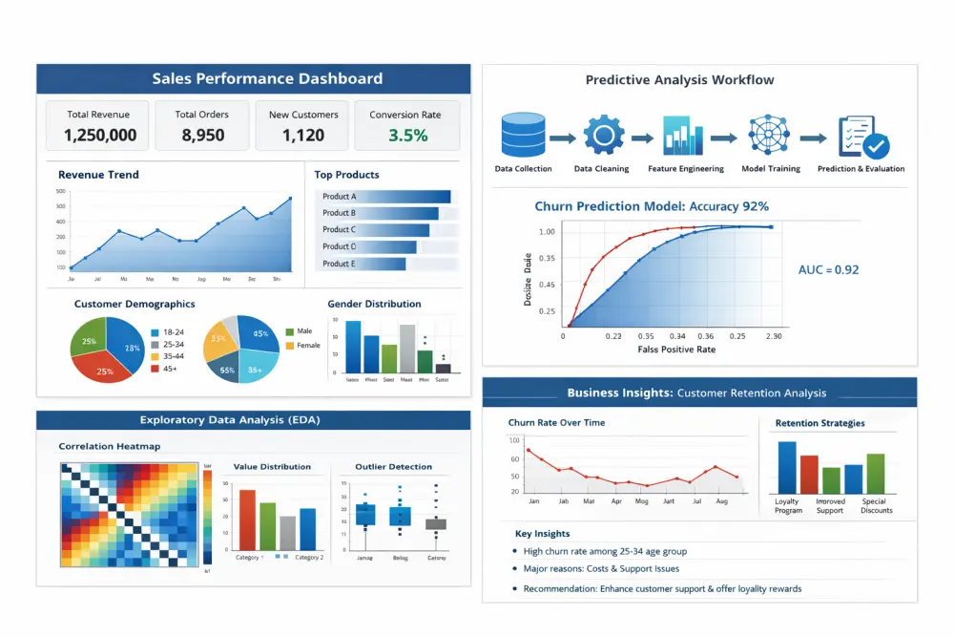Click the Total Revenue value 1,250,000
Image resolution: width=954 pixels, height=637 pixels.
[x=100, y=136]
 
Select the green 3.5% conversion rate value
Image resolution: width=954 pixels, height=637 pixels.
[x=407, y=136]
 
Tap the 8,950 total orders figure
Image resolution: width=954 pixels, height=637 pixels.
[x=202, y=136]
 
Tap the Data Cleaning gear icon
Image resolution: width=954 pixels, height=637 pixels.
[x=602, y=137]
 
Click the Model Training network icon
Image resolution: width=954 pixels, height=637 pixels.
[x=769, y=137]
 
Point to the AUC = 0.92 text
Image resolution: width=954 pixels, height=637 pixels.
[x=828, y=270]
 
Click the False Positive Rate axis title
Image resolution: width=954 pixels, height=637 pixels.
[x=676, y=350]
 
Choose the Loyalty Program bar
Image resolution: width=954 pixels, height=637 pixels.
[x=787, y=467]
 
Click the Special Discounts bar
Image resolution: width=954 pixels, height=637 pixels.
[x=876, y=474]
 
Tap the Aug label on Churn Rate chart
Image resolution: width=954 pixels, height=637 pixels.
[x=721, y=501]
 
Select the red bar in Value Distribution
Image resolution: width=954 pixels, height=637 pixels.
[x=247, y=520]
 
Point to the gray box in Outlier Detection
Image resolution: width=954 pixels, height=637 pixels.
[x=436, y=524]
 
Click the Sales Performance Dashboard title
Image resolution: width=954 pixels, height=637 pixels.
[x=254, y=79]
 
